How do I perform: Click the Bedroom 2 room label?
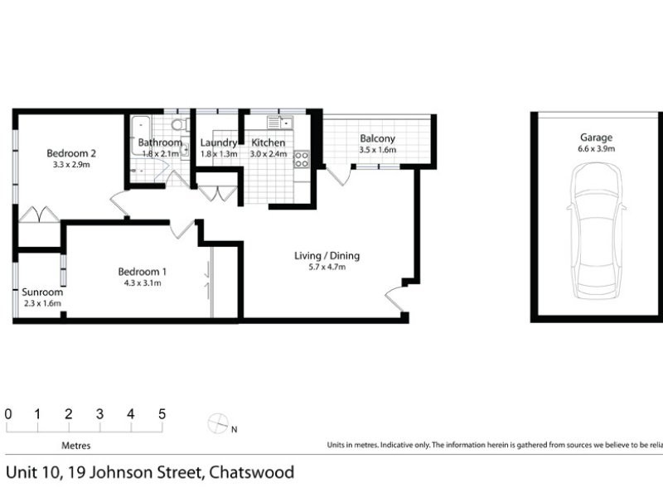tap(72, 153)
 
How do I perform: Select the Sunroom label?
tap(42, 292)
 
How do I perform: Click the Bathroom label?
tap(160, 142)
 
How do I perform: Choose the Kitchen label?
tap(269, 142)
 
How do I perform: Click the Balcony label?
tap(377, 138)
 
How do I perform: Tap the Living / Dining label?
tap(327, 255)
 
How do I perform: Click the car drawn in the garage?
tap(596, 229)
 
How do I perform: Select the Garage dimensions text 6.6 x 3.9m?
tap(596, 149)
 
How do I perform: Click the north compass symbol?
tap(217, 423)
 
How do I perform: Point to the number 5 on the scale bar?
tap(162, 414)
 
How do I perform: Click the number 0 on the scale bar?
tap(8, 414)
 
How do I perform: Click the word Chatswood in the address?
tap(251, 473)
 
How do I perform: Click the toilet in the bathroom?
tap(177, 125)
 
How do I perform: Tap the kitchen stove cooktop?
tap(301, 158)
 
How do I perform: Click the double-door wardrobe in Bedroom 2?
tap(36, 214)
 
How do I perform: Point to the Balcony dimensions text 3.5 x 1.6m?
tap(377, 151)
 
